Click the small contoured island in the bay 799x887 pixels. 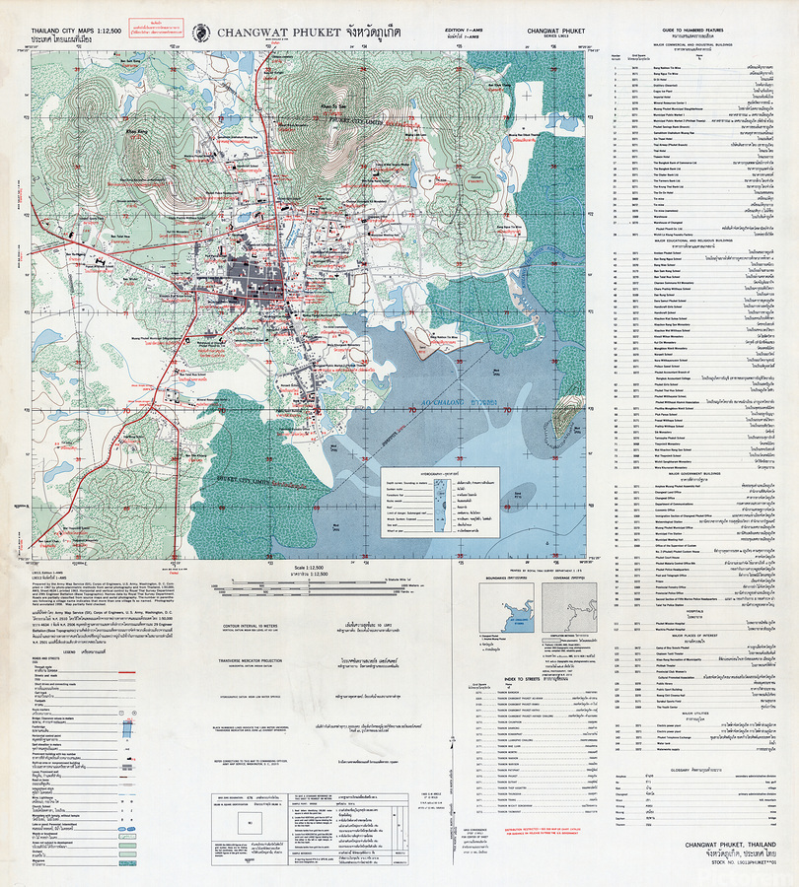pyautogui.click(x=563, y=418)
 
